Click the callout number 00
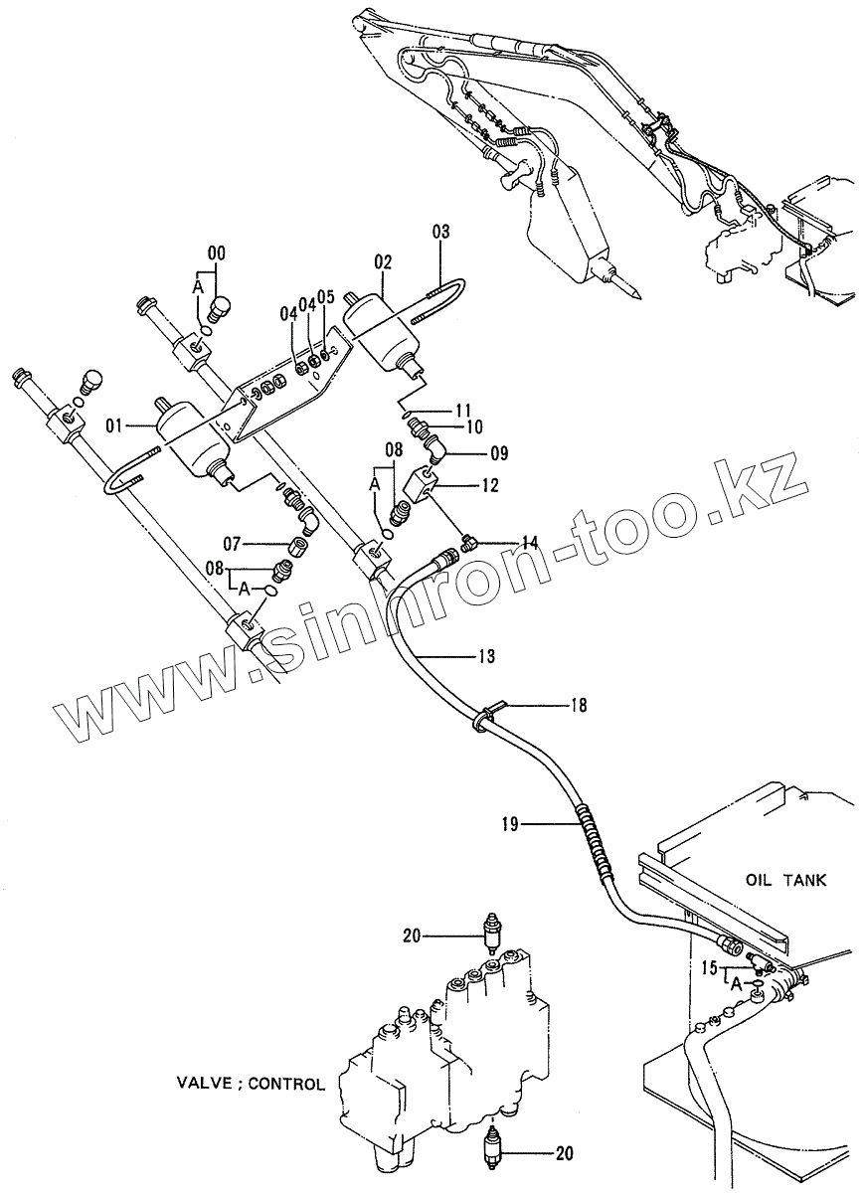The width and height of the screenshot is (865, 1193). coord(217,253)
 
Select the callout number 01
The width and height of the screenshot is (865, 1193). coord(113,426)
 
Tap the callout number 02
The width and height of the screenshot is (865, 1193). coord(383,262)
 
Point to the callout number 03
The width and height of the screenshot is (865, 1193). coord(440,233)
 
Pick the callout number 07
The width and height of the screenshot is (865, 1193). coord(232,544)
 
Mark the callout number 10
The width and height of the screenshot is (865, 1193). coord(474,426)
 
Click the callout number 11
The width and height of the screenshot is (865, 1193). coord(464,410)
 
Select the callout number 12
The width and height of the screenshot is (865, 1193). coord(489,486)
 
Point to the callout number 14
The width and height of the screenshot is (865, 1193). coord(529,543)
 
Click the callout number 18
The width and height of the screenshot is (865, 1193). coord(578,706)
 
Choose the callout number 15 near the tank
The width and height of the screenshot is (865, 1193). coord(708,966)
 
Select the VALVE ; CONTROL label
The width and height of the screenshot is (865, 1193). coord(251,1084)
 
